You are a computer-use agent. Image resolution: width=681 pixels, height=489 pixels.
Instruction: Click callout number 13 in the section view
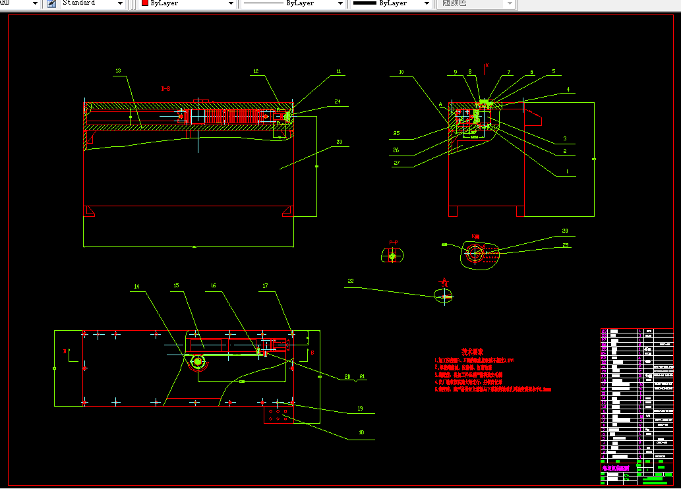[x=118, y=71]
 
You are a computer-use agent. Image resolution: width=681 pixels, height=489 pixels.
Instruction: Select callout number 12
[x=256, y=71]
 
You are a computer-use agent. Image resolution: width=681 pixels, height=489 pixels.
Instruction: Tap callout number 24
[x=337, y=101]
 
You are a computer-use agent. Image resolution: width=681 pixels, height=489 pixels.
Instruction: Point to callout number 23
[x=339, y=141]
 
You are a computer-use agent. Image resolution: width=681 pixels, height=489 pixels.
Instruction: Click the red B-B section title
[x=165, y=88]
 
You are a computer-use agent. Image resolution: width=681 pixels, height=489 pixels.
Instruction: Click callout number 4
[x=567, y=90]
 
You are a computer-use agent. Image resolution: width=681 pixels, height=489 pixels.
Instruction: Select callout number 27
[x=396, y=163]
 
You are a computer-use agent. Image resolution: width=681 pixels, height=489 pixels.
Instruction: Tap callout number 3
[x=565, y=138]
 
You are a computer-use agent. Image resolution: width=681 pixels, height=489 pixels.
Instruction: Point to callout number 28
[x=565, y=231]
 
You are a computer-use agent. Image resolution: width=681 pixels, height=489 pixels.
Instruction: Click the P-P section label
[x=394, y=243]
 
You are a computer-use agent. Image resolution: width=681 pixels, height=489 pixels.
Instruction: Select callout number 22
[x=351, y=281]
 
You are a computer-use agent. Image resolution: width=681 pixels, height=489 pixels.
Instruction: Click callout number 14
[x=137, y=287]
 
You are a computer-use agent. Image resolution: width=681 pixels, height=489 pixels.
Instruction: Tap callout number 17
[x=265, y=286]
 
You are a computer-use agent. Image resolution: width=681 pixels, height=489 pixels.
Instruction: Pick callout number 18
[x=361, y=433]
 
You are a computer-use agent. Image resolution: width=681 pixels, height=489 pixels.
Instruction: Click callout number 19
[x=361, y=409]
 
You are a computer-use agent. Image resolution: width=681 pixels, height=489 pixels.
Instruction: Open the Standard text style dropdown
[x=119, y=4]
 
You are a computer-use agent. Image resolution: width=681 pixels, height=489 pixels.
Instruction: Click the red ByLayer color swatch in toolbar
[x=146, y=4]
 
